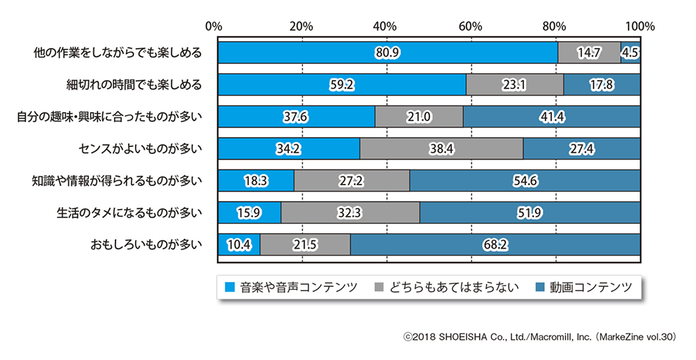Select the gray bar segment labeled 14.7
pyautogui.click(x=589, y=53)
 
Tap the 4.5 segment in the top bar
pyautogui.click(x=631, y=53)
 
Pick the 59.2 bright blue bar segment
pyautogui.click(x=342, y=84)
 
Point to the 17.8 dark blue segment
pyautogui.click(x=602, y=84)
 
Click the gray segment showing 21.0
pyautogui.click(x=418, y=116)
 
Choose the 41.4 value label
pyautogui.click(x=552, y=116)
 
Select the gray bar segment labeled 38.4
pyautogui.click(x=441, y=148)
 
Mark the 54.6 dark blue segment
pyautogui.click(x=525, y=180)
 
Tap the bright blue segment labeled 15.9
pyautogui.click(x=249, y=212)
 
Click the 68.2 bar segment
pyautogui.click(x=495, y=244)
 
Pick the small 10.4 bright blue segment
pyautogui.click(x=239, y=244)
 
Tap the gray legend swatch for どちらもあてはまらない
pyautogui.click(x=381, y=286)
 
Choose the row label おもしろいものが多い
pyautogui.click(x=145, y=244)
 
